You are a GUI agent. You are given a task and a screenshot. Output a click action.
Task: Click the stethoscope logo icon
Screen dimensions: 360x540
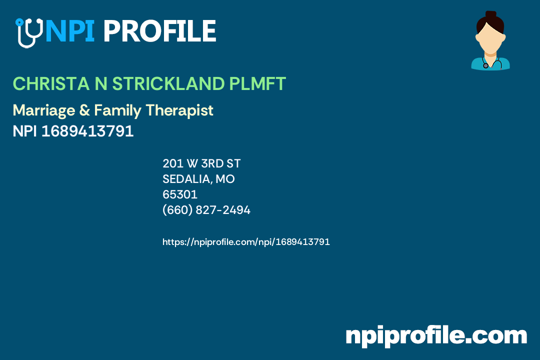[28, 32]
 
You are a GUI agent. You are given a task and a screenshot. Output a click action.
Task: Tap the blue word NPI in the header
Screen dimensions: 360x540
[69, 31]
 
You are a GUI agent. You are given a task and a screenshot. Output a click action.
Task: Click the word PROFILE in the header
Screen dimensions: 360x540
[159, 31]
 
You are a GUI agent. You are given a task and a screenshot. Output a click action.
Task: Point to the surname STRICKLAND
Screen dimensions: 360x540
[168, 84]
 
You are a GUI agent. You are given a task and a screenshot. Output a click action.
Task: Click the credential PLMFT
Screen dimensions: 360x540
[257, 84]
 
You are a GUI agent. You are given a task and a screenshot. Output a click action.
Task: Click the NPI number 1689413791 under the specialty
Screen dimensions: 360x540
[87, 131]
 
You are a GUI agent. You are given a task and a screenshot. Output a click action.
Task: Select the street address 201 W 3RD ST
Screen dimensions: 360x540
[201, 163]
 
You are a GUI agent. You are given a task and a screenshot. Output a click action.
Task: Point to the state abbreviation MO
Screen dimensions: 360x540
[225, 179]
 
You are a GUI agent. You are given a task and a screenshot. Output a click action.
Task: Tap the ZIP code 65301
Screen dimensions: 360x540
[180, 194]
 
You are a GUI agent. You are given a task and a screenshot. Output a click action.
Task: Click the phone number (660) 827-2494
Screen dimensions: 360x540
[206, 210]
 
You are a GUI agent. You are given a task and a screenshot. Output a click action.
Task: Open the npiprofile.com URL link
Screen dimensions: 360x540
[246, 242]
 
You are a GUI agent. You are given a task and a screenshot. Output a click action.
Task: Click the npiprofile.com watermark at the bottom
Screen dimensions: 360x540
[436, 335]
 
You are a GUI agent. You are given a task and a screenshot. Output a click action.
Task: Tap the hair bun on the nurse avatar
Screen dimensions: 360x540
[490, 15]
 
